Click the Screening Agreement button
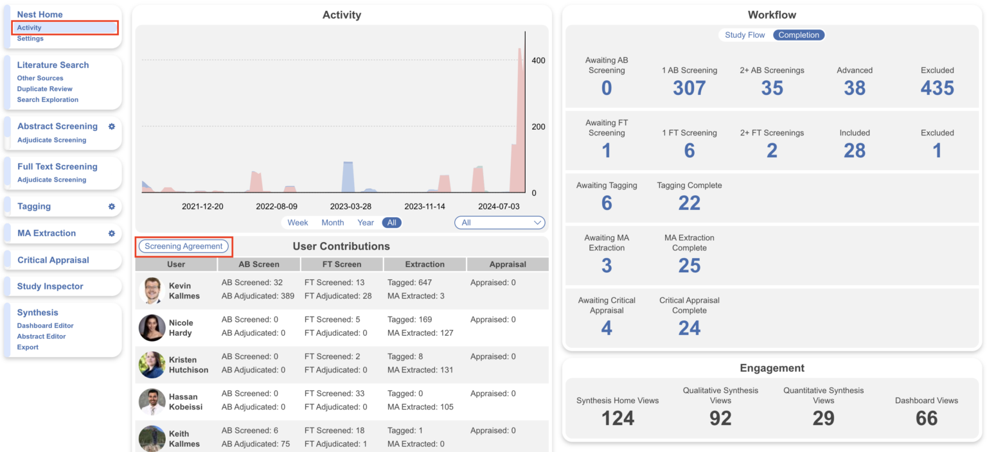tap(184, 247)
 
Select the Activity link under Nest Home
tap(30, 28)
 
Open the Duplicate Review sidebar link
tap(44, 89)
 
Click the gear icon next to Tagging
tap(111, 207)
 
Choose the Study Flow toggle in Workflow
tap(745, 35)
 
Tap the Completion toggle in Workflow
tap(799, 35)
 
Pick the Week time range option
tap(298, 223)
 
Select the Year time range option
tap(366, 223)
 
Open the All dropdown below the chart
tap(499, 223)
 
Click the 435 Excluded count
tap(937, 88)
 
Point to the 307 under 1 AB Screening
tap(689, 88)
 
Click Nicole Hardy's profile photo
tap(152, 328)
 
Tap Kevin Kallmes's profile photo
tap(152, 291)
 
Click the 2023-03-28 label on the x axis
tap(350, 207)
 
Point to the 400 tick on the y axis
tap(538, 60)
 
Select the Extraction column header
tap(425, 265)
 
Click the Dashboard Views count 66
tap(926, 418)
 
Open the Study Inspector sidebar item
tap(50, 286)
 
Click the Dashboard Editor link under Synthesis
tap(45, 326)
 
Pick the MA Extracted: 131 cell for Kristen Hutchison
tap(420, 370)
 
